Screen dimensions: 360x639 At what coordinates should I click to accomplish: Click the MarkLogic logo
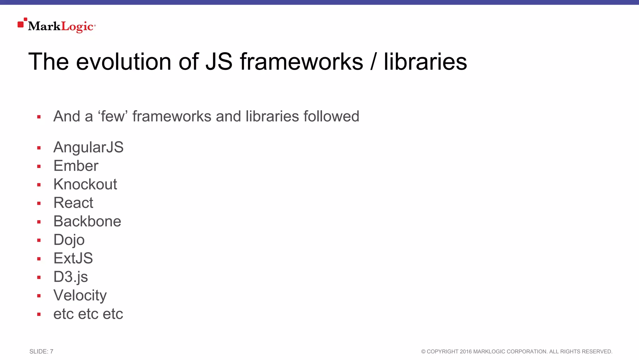click(57, 26)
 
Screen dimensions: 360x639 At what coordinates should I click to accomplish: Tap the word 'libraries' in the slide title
click(425, 62)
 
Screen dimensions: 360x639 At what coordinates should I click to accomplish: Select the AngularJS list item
click(88, 147)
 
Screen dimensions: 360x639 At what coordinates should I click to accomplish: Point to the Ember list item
click(76, 166)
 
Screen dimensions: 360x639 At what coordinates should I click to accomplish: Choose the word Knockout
click(85, 184)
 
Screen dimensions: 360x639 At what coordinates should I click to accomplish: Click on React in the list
click(73, 203)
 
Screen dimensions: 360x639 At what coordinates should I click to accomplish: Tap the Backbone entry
click(87, 221)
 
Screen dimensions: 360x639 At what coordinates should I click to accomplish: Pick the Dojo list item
click(69, 240)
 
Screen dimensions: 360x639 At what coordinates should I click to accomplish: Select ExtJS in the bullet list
click(73, 258)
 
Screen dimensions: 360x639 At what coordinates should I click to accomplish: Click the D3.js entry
click(71, 277)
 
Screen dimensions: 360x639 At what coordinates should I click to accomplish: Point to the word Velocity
click(80, 295)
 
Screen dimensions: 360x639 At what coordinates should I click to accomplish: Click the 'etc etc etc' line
click(88, 314)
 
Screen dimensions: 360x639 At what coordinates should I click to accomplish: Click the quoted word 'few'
click(113, 116)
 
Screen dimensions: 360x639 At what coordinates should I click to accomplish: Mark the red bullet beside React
click(39, 204)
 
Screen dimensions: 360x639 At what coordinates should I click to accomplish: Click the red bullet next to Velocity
click(39, 296)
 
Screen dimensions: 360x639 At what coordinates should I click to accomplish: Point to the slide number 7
click(51, 352)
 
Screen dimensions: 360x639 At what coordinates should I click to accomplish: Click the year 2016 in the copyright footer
click(466, 352)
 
